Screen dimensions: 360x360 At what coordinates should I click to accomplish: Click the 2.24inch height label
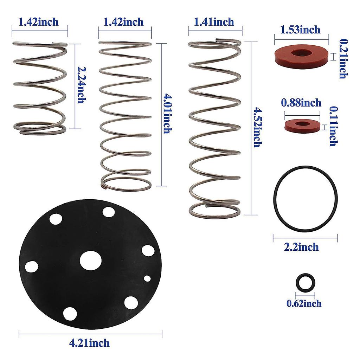(81, 85)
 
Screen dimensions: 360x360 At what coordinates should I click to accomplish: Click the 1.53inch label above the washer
(300, 30)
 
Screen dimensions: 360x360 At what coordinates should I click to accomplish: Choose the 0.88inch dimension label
(301, 103)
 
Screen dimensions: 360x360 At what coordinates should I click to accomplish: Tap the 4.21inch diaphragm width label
(89, 342)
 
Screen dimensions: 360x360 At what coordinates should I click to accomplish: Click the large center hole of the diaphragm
(90, 260)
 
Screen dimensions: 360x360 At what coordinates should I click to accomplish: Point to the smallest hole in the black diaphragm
(147, 278)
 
